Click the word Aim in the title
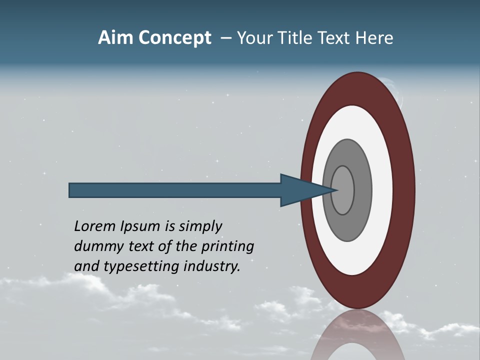coord(116,38)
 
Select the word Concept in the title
coord(174,38)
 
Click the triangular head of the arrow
coord(300,190)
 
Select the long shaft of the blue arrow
coord(175,190)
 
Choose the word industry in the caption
coord(212,266)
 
